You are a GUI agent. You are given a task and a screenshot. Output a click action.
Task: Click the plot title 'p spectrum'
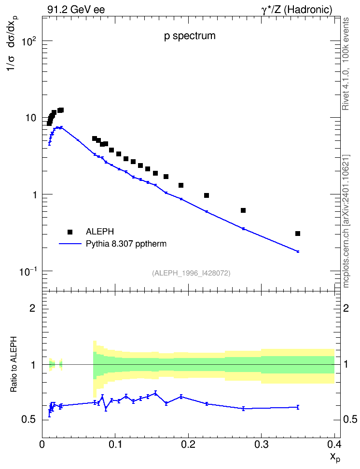190,36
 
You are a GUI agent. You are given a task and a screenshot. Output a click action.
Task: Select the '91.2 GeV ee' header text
76,10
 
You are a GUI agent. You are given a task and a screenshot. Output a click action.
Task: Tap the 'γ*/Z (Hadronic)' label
297,10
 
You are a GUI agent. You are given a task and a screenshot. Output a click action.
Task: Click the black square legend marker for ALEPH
70,232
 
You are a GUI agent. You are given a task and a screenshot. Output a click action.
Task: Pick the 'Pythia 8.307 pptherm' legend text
126,244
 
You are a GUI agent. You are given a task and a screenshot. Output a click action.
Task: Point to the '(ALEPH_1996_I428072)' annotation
191,273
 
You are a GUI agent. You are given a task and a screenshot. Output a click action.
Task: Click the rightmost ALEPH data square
297,234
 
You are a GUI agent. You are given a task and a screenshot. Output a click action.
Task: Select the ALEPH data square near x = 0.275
243,210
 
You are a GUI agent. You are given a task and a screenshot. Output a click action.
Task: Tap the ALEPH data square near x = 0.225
207,195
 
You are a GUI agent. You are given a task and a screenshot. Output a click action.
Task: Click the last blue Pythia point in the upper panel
298,251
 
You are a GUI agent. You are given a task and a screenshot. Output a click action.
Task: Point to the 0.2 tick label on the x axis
188,444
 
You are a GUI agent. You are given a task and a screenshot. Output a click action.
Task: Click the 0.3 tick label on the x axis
262,444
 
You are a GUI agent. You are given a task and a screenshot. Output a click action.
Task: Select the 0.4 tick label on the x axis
334,444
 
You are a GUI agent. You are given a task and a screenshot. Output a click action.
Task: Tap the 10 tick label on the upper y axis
30,118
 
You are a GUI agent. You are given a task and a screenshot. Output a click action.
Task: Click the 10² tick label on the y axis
29,41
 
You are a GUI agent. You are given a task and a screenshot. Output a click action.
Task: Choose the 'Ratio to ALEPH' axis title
14,364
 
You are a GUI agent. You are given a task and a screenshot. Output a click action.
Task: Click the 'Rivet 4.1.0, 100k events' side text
346,64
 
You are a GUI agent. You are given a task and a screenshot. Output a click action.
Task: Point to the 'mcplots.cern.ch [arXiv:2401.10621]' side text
346,221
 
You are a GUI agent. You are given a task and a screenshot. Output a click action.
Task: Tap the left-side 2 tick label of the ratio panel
32,308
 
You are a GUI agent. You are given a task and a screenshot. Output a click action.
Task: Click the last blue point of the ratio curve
298,407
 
